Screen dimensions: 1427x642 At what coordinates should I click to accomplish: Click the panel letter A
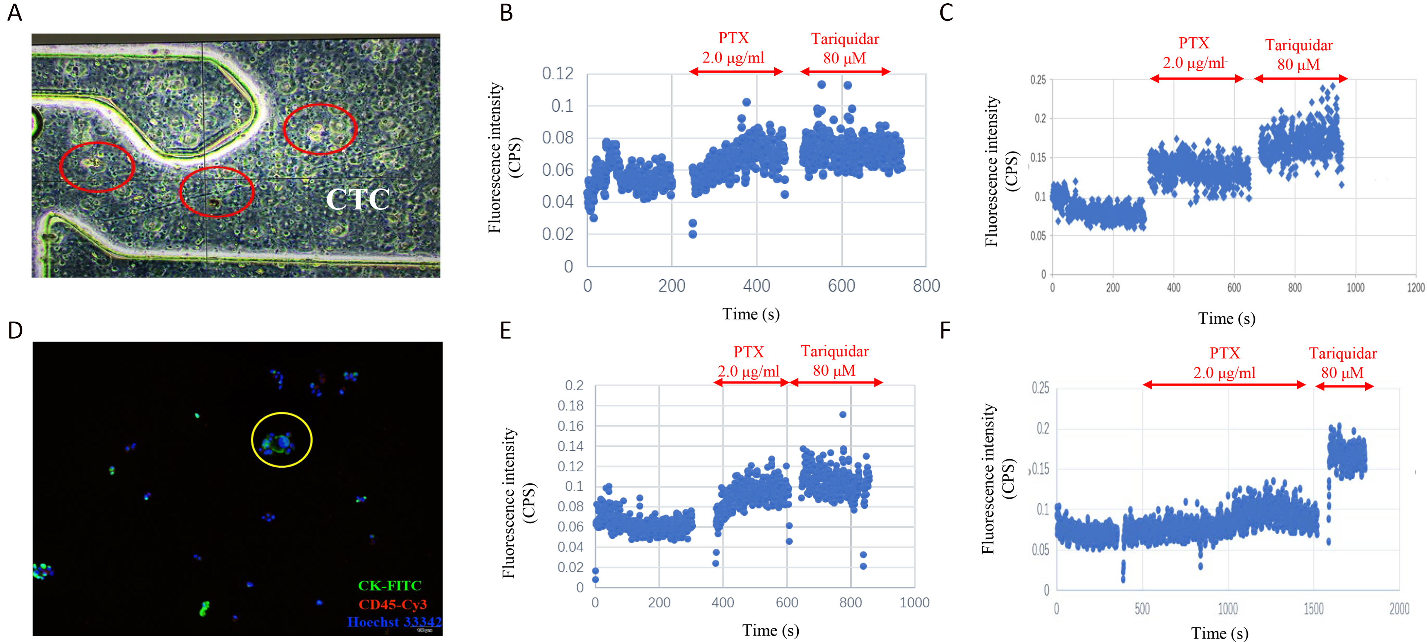click(x=14, y=12)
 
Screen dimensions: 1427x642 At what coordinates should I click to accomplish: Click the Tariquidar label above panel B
click(x=845, y=39)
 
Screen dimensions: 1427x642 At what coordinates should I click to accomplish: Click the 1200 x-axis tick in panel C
click(x=1416, y=287)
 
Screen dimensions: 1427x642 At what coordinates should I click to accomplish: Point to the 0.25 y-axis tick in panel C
click(x=1038, y=80)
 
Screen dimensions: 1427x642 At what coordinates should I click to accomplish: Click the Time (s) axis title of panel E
click(x=771, y=630)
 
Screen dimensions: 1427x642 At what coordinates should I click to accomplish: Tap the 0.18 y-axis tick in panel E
click(x=570, y=406)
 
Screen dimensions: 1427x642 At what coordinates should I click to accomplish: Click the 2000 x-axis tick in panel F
click(x=1399, y=609)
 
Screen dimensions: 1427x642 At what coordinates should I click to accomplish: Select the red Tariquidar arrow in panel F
click(x=1345, y=386)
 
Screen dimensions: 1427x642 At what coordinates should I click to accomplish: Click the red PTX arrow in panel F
click(x=1224, y=384)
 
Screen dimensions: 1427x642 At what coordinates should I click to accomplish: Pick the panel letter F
click(x=945, y=331)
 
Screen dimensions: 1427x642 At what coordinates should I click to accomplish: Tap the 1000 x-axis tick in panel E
click(x=914, y=603)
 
